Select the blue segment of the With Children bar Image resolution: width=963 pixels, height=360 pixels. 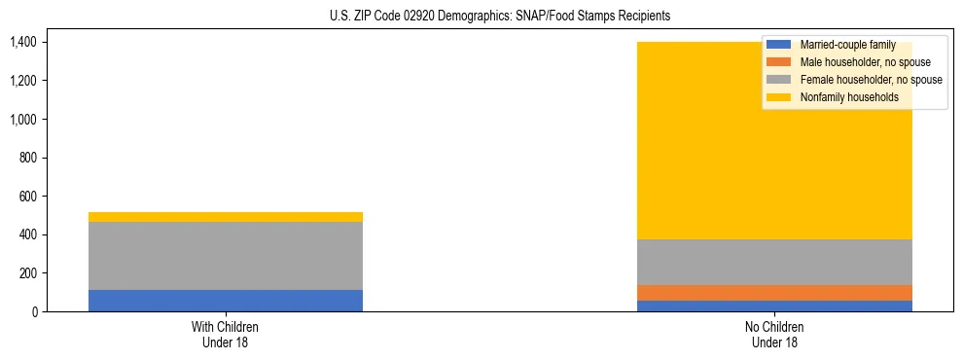click(x=225, y=301)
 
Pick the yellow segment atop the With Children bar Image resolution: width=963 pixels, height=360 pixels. click(x=225, y=217)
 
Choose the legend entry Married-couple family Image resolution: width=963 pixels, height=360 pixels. click(x=847, y=45)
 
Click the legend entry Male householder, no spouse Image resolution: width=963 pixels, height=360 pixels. click(x=865, y=62)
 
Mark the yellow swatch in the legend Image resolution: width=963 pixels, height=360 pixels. click(x=780, y=97)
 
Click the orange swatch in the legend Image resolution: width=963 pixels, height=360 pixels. click(x=780, y=62)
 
